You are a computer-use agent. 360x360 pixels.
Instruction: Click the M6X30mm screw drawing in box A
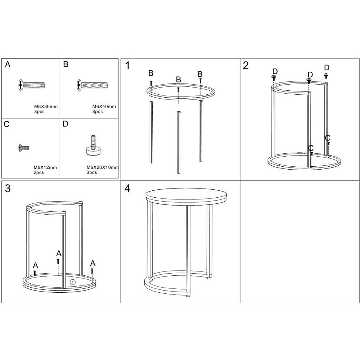(x=32, y=85)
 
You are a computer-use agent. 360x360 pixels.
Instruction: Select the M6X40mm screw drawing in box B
(x=93, y=85)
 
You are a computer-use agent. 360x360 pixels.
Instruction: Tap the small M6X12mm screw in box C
(x=24, y=148)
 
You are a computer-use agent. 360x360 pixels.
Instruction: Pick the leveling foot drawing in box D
(x=94, y=145)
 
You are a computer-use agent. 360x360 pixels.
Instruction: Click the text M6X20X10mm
(x=102, y=167)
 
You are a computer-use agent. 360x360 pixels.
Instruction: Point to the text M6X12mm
(x=45, y=167)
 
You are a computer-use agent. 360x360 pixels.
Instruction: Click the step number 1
(x=128, y=66)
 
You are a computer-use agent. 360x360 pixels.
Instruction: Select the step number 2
(x=246, y=66)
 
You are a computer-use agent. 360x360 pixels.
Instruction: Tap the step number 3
(x=8, y=188)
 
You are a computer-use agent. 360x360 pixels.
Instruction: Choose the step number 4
(x=127, y=188)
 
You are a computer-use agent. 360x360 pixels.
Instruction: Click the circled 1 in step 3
(x=73, y=282)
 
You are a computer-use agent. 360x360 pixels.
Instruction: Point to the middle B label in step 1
(x=179, y=80)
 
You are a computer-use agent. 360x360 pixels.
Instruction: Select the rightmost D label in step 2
(x=327, y=68)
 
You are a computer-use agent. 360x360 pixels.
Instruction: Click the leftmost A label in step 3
(x=35, y=265)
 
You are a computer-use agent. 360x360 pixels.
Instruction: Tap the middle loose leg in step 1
(x=179, y=142)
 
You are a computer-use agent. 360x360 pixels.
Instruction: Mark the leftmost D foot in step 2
(x=274, y=78)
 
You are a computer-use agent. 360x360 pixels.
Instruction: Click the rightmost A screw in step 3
(x=92, y=271)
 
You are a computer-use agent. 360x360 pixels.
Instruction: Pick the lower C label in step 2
(x=311, y=148)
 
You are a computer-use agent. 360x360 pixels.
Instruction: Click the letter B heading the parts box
(x=66, y=64)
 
